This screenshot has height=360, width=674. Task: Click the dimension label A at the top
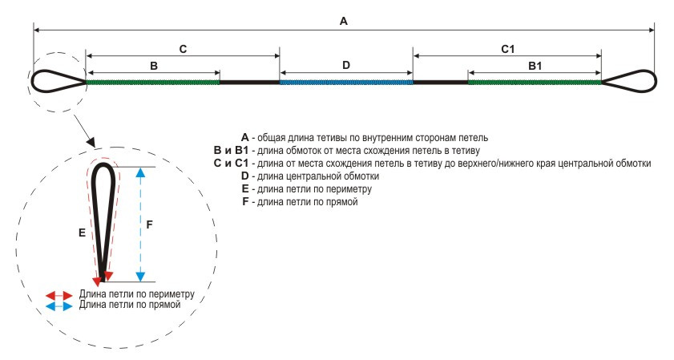[x=344, y=21]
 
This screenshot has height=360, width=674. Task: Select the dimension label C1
[x=507, y=49]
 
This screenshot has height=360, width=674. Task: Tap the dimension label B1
[x=535, y=66]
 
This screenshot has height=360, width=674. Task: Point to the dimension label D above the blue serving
[x=346, y=65]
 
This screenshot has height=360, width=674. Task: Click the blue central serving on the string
[x=346, y=82]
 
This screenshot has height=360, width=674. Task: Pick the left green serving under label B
[x=153, y=82]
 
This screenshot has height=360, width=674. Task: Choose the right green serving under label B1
[x=535, y=82]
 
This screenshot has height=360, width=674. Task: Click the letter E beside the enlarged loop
[x=82, y=233]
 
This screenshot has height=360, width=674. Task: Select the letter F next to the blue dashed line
[x=149, y=224]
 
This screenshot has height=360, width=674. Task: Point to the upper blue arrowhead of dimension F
[x=140, y=172]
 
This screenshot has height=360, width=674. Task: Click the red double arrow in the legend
[x=59, y=296]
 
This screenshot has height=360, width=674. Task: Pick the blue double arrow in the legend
[x=59, y=305]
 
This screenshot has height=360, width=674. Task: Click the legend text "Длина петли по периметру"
[x=137, y=294]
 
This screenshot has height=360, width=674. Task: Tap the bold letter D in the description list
[x=245, y=176]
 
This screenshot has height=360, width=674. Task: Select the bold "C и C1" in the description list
[x=231, y=163]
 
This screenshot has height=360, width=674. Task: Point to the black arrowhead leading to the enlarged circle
[x=91, y=141]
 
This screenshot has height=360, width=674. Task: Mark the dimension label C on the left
[x=183, y=49]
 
